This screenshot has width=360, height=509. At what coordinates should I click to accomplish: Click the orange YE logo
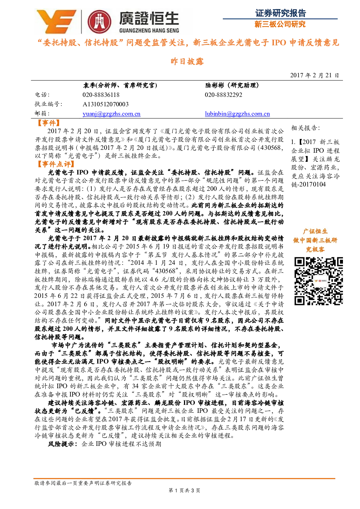coord(56,21)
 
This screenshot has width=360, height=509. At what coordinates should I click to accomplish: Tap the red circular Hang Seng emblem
coord(99,22)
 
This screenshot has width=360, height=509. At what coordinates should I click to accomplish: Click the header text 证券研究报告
coord(281,13)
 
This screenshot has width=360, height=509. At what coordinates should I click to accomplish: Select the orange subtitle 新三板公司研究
coord(280,24)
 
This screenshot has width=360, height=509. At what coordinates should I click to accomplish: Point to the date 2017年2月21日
coord(315,75)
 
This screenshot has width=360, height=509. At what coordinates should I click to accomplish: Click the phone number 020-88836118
coord(101,95)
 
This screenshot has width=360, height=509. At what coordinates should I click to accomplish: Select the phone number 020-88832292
coord(224,95)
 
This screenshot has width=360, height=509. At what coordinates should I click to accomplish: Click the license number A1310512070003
coord(106,104)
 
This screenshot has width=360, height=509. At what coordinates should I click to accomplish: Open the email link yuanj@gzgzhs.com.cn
coord(111,114)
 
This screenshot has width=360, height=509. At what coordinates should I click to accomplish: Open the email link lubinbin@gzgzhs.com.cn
coord(237,114)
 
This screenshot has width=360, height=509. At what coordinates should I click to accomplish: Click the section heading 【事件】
coord(49,123)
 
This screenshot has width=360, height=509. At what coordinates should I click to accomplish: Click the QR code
coord(319,281)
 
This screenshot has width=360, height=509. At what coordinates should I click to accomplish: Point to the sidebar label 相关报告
coord(306,128)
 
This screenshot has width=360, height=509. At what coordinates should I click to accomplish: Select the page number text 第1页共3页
coord(184,490)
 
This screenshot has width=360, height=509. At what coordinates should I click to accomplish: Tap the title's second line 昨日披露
coord(187,61)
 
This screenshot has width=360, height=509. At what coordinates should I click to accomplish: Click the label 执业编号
coord(48,104)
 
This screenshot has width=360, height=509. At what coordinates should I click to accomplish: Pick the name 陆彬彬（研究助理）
coord(232,85)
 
